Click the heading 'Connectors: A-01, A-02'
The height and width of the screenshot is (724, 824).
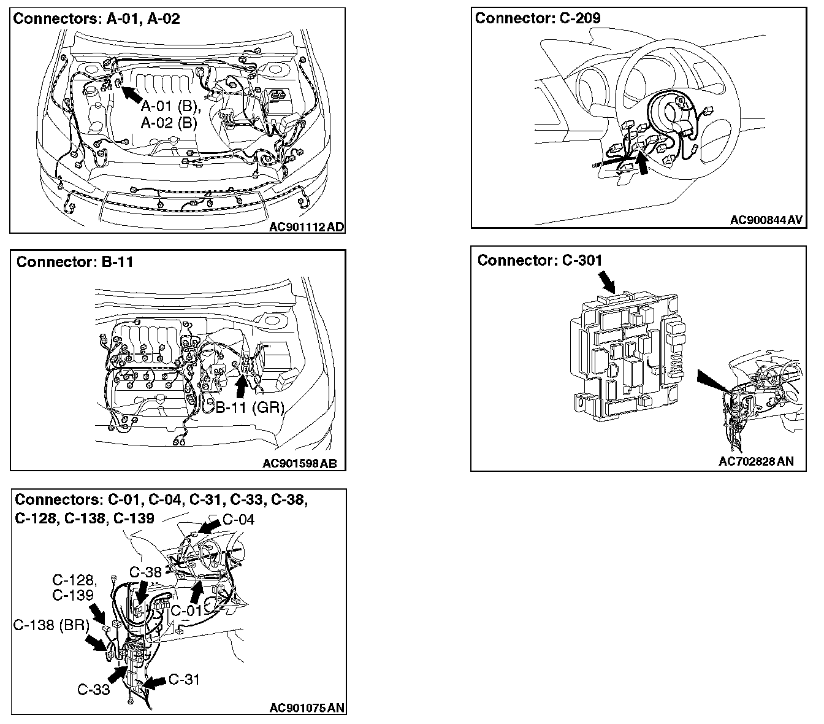[96, 18]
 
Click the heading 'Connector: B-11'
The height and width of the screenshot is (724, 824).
[75, 262]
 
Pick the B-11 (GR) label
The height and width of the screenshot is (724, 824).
[250, 407]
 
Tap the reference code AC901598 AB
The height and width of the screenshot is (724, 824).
[300, 463]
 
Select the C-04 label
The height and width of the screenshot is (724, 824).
[238, 520]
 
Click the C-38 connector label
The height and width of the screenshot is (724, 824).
[145, 572]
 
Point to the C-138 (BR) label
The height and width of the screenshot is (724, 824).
[51, 625]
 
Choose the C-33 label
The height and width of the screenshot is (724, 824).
[94, 690]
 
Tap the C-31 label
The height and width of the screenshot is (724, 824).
[184, 679]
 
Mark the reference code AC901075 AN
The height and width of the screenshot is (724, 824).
[307, 707]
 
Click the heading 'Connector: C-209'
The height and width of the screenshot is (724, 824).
[538, 18]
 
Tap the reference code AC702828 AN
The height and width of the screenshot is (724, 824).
[755, 461]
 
